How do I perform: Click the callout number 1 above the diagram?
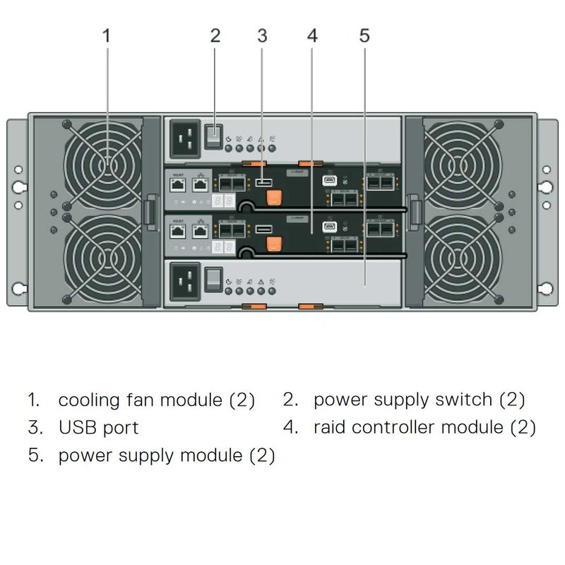point(107,35)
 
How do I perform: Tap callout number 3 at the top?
point(262,35)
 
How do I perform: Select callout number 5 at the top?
point(364,35)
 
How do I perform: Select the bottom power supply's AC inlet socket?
point(185,280)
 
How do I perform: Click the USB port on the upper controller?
point(263,184)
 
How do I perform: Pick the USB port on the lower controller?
point(263,229)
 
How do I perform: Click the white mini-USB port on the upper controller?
point(330,181)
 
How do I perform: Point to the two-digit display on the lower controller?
point(223,247)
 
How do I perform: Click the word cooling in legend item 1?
point(90,400)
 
